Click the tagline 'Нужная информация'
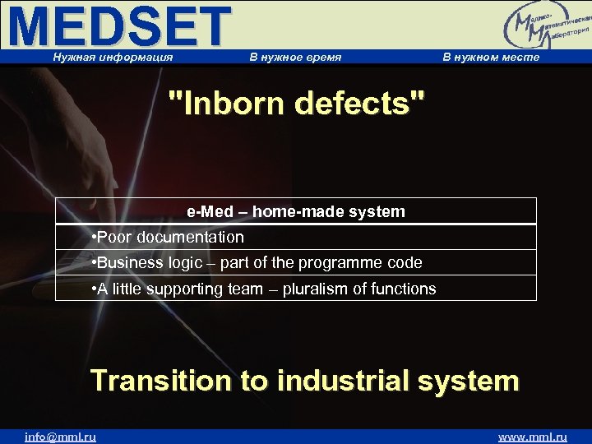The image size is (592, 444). (113, 57)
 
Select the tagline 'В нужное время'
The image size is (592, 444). (295, 57)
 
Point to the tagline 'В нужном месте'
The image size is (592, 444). (491, 57)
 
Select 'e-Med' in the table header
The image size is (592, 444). (210, 211)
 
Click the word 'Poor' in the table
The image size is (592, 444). (115, 238)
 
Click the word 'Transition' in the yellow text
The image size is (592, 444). (161, 381)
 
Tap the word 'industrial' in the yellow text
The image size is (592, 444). (339, 381)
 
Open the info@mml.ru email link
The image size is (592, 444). (60, 437)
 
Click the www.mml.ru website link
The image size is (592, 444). (533, 437)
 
